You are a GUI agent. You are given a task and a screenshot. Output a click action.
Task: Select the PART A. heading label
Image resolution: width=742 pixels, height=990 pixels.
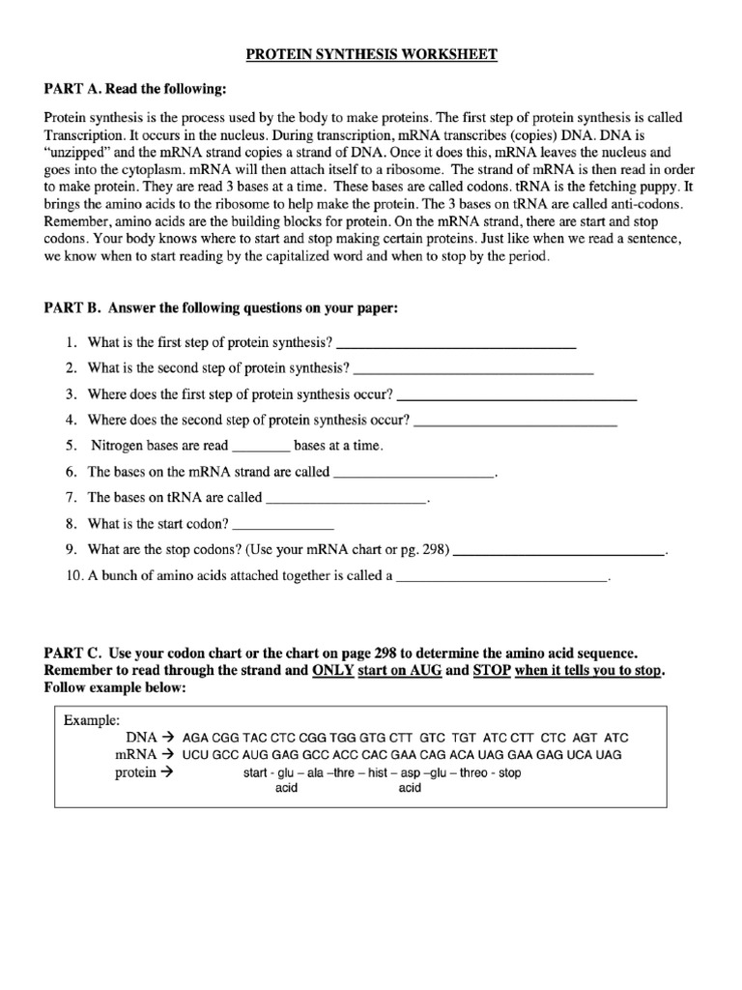(74, 90)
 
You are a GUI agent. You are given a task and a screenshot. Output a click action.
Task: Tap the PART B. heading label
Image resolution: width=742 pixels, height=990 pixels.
(73, 308)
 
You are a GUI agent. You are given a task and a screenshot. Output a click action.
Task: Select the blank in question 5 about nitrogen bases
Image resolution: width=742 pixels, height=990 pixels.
(261, 448)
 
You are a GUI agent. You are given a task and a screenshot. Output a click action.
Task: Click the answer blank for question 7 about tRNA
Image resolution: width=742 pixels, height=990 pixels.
(345, 500)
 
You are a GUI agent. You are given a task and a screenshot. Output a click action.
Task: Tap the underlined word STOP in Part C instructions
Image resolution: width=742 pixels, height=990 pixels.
(492, 671)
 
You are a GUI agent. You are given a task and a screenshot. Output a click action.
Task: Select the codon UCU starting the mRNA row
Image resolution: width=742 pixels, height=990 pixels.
(196, 755)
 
